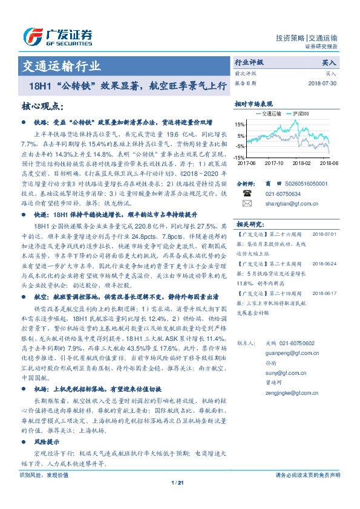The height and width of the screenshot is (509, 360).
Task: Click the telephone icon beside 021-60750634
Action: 247,193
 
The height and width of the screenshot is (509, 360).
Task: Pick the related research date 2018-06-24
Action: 325,264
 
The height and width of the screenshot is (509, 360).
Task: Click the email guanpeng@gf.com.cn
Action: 287,351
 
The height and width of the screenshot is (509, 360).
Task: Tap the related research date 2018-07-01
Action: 325,233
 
